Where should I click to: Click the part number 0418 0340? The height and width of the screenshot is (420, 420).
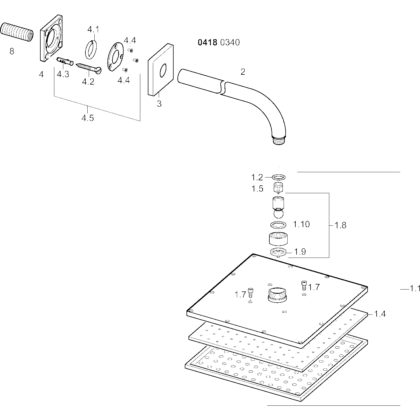[219, 43]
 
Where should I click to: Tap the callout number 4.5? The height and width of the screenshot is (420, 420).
[88, 118]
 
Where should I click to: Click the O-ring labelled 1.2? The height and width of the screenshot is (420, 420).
[279, 177]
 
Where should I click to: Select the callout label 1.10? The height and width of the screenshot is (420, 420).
[301, 224]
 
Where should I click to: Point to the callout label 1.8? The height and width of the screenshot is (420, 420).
[340, 225]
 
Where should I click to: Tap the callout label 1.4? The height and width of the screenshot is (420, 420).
[380, 314]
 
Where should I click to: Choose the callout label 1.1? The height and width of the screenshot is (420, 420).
[415, 289]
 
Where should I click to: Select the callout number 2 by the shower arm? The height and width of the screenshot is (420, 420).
[243, 72]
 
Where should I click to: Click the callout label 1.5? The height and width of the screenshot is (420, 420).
[257, 189]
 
